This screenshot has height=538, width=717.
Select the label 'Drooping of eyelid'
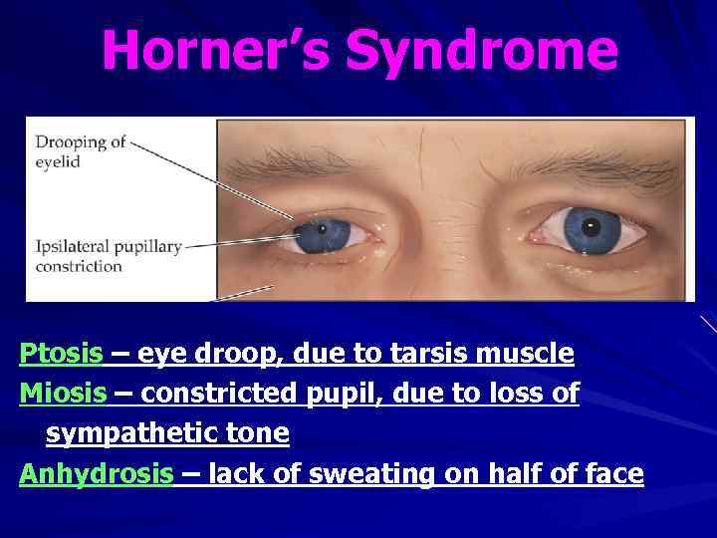click(x=81, y=150)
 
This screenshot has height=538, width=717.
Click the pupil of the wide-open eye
click(x=592, y=228)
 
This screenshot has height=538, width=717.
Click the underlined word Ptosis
click(x=61, y=354)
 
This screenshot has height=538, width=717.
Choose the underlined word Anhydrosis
click(x=96, y=474)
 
